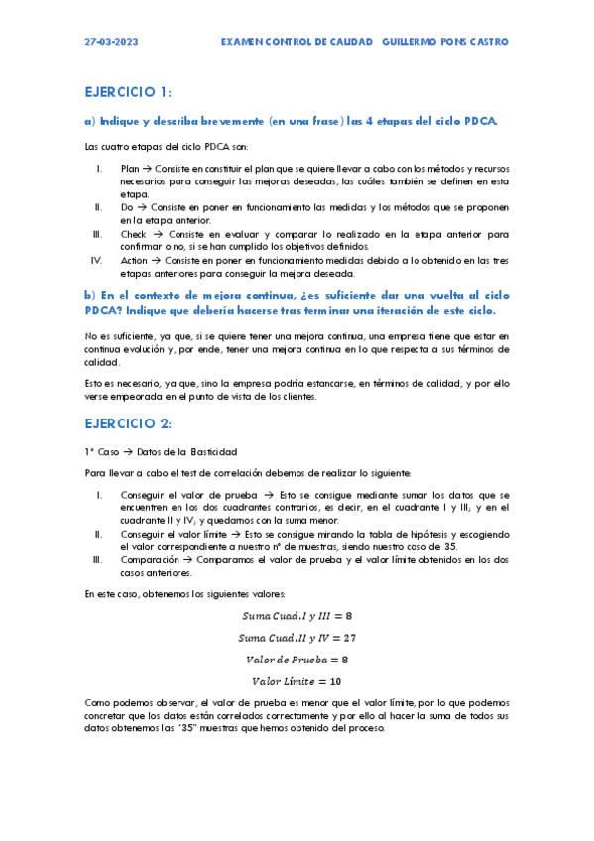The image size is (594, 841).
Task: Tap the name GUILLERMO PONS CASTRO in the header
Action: click(x=445, y=42)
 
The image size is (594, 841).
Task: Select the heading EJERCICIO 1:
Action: click(x=128, y=92)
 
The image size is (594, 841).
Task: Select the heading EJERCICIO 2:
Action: click(x=128, y=423)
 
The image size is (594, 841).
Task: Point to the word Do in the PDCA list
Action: click(x=126, y=207)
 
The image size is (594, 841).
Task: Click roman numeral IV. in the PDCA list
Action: click(x=96, y=260)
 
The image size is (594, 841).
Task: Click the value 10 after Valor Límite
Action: click(x=335, y=681)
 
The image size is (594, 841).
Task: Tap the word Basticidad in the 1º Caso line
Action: click(x=208, y=451)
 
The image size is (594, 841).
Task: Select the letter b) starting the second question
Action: click(x=89, y=297)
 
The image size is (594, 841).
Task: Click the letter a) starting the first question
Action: click(x=89, y=121)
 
